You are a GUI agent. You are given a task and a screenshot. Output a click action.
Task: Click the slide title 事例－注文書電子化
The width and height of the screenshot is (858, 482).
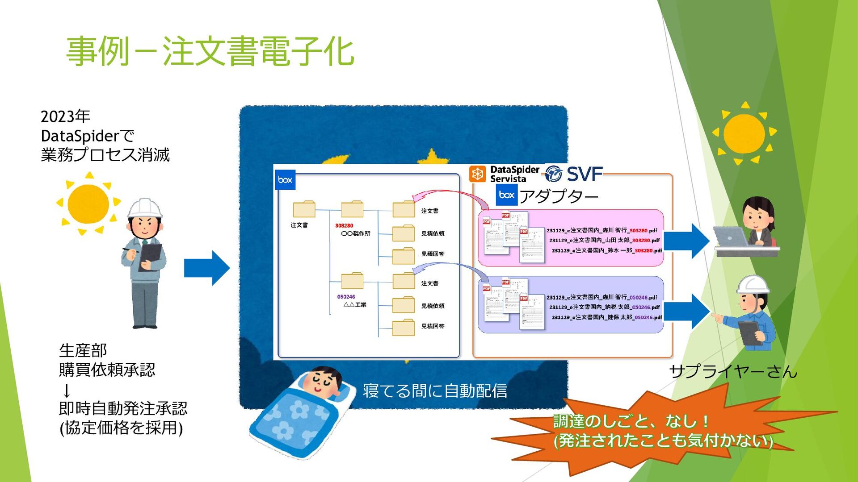click(x=210, y=51)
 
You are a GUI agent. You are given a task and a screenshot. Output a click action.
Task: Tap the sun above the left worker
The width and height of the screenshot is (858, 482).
click(x=88, y=204)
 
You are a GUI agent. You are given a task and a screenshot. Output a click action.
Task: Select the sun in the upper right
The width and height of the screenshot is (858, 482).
click(x=744, y=133)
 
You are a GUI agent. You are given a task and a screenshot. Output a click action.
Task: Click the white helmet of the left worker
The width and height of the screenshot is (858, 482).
click(x=144, y=208)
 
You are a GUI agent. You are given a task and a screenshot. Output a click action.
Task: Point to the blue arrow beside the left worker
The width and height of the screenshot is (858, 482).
click(x=206, y=268)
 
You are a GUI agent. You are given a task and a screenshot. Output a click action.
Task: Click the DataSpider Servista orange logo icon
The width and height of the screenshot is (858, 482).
click(x=477, y=174)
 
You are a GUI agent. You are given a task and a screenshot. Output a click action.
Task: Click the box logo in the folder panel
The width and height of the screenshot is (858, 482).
click(x=285, y=180)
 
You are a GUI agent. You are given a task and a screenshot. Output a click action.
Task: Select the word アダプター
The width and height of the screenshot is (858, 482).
click(x=559, y=196)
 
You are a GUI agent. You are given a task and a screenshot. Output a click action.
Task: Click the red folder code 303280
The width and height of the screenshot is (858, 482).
click(x=344, y=226)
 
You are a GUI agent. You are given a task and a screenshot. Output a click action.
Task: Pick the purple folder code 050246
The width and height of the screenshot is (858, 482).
click(x=346, y=297)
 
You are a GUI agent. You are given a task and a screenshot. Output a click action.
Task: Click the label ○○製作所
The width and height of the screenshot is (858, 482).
click(x=356, y=233)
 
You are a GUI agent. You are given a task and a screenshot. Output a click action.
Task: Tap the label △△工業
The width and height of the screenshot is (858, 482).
click(x=355, y=305)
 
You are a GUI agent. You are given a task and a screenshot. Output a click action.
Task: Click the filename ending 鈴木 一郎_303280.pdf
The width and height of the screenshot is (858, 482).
click(x=606, y=251)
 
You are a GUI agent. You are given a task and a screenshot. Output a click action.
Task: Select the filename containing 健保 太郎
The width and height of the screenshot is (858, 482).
click(x=606, y=317)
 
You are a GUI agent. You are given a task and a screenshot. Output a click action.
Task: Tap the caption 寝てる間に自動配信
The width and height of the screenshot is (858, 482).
click(x=435, y=391)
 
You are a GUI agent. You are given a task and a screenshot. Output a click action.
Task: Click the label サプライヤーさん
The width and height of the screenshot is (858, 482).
click(x=733, y=371)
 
